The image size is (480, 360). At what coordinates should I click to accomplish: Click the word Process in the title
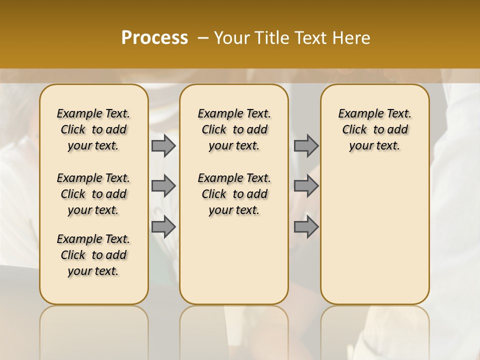point(154,38)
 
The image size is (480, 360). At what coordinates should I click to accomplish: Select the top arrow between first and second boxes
point(163,145)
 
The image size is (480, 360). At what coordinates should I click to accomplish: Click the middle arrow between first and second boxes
point(163,186)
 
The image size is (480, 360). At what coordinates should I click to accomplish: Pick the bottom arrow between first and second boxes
point(163,226)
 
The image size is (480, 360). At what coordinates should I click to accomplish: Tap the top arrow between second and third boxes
point(306,145)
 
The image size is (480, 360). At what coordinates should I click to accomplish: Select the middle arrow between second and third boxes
point(306,186)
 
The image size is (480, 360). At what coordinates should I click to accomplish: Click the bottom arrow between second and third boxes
point(306,226)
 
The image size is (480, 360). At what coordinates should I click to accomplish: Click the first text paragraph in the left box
point(93,129)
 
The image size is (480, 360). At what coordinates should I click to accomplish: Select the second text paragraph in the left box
point(93,194)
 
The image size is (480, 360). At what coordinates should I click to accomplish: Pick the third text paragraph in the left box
point(93,255)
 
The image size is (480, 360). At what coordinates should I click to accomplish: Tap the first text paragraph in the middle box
point(234,129)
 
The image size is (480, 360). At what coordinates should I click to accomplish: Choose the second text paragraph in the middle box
point(234,194)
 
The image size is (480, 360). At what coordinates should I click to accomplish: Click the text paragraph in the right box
point(374,129)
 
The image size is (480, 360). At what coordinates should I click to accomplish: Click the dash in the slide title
point(203,38)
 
